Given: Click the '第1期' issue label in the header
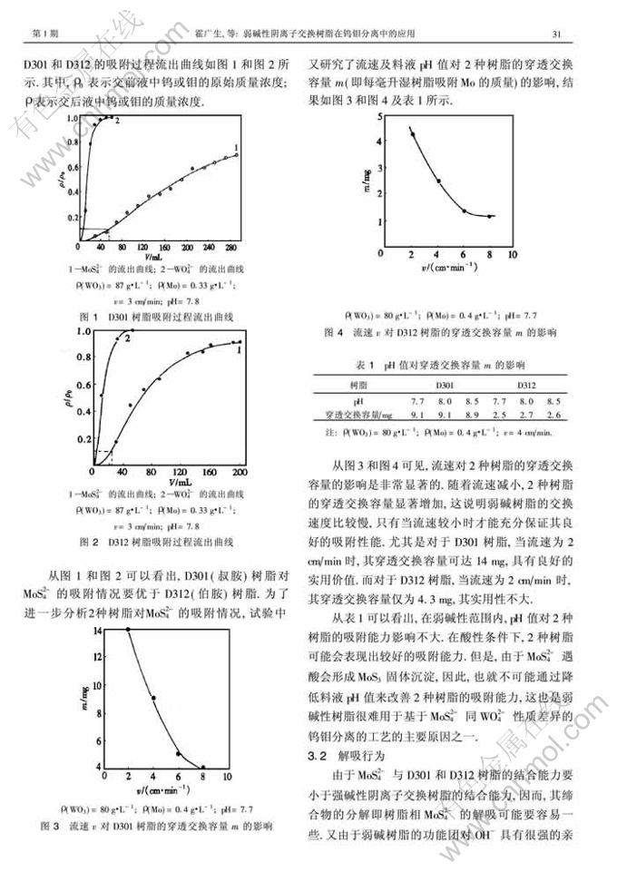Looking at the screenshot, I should pos(45,35).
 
